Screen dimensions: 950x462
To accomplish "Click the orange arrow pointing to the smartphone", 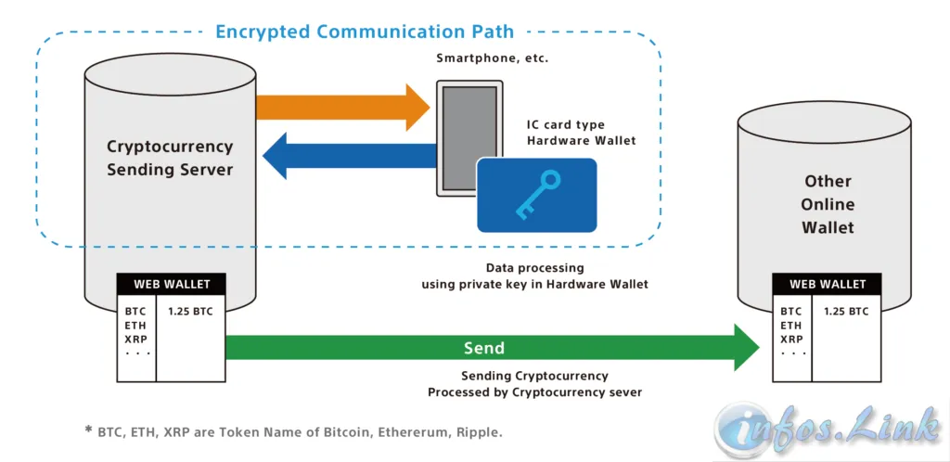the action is click(x=343, y=108).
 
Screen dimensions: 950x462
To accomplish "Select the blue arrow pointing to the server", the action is click(x=350, y=156).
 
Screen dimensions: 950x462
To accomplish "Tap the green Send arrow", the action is click(x=492, y=348).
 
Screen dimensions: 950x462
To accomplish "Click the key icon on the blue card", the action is click(x=537, y=195).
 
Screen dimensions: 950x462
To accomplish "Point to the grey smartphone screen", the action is click(x=469, y=137).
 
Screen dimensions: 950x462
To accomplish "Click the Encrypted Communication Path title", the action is click(x=365, y=31).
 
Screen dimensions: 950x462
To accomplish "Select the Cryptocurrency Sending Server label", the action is click(x=170, y=158).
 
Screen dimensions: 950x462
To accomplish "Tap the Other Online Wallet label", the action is click(x=828, y=204).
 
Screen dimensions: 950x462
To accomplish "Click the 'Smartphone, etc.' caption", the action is click(x=492, y=58).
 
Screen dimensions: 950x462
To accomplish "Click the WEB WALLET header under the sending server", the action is click(x=172, y=284).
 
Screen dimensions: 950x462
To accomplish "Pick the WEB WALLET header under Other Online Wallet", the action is click(x=827, y=284).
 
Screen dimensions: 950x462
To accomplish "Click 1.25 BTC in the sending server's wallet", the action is click(x=190, y=312).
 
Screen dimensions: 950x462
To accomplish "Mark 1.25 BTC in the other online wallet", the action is click(x=846, y=312).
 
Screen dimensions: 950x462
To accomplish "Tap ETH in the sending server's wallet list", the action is click(x=135, y=326).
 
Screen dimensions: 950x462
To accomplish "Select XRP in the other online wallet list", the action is click(x=791, y=340).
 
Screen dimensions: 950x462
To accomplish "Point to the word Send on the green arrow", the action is click(x=484, y=348).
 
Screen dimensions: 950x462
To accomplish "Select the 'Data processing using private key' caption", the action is click(x=535, y=276).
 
